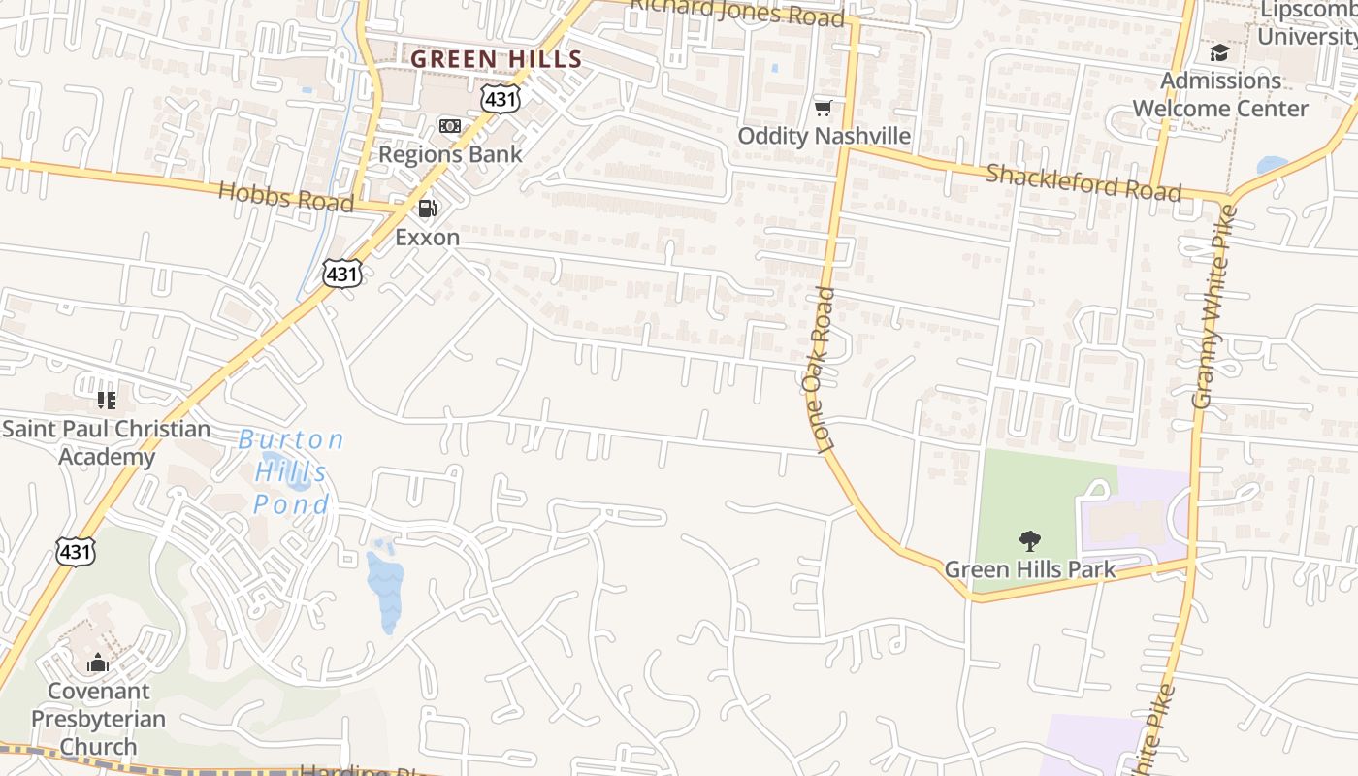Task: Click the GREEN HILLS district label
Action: [x=497, y=59]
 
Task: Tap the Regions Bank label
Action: [x=450, y=153]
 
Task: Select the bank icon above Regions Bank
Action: [x=450, y=126]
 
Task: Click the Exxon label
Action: [x=427, y=237]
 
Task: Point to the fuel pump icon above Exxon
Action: [x=427, y=209]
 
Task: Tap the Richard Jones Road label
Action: [x=737, y=13]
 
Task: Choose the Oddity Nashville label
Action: [x=824, y=136]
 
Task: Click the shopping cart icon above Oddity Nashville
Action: [x=824, y=108]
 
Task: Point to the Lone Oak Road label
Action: [x=819, y=370]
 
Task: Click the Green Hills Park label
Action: [x=1030, y=569]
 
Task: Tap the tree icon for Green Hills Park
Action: [x=1030, y=541]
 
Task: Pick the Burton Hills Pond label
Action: [x=291, y=472]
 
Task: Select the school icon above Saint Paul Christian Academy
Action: [x=107, y=400]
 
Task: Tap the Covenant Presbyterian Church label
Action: [x=98, y=719]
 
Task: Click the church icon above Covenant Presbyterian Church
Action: [x=98, y=663]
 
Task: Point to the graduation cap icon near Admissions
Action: [x=1219, y=52]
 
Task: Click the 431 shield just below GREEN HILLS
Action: [x=500, y=98]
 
